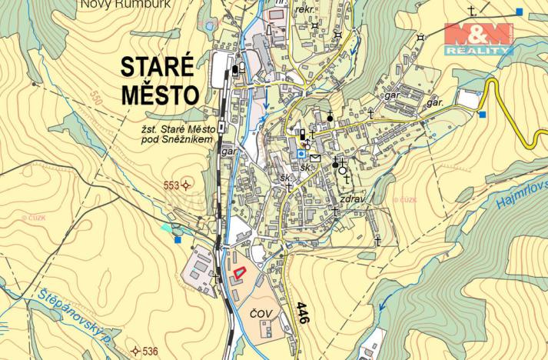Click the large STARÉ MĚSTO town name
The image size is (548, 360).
[x=160, y=81]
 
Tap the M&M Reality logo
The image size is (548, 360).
[x=478, y=38]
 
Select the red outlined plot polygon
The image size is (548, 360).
[x=239, y=272]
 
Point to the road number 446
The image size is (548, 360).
[x=302, y=312]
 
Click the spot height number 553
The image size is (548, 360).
[x=170, y=185]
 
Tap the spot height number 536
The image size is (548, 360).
[x=149, y=352]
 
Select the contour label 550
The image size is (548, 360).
[x=95, y=98]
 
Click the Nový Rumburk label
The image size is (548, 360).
[x=125, y=4]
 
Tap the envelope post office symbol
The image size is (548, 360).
[x=315, y=158]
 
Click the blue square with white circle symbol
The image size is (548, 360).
[x=301, y=153]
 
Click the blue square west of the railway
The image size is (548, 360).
[x=178, y=240]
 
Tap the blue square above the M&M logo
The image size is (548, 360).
[x=520, y=12]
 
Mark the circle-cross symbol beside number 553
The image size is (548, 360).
[x=187, y=185]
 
